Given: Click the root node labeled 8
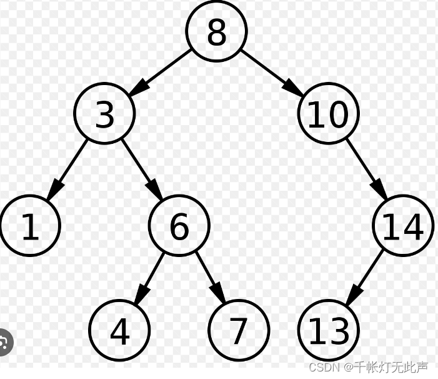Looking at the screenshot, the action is (216, 31).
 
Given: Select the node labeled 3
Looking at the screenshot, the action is (104, 113).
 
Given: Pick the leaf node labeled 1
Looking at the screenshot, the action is (30, 226).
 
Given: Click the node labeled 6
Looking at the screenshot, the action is (179, 226).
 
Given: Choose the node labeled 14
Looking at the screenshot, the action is (403, 226).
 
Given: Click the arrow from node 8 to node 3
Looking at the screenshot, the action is (161, 72).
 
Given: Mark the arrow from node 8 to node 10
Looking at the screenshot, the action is (272, 72).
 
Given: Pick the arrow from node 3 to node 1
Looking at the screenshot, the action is (67, 169).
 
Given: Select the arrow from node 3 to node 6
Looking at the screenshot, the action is (142, 169).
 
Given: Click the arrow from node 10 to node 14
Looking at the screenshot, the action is (366, 169).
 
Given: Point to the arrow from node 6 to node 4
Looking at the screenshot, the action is (149, 278).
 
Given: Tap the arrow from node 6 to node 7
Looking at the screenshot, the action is (209, 278).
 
